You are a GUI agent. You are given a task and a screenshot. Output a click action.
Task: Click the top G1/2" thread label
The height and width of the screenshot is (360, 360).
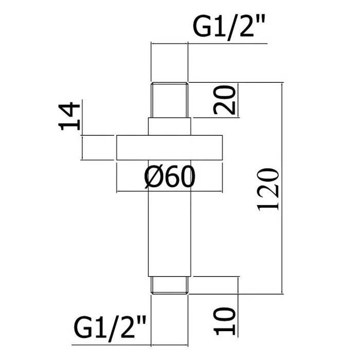pos(229,27)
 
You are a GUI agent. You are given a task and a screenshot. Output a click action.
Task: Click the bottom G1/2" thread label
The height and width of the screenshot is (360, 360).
pos(110,326)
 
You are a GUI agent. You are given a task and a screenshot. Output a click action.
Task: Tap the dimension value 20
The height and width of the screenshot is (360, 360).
pos(224,100)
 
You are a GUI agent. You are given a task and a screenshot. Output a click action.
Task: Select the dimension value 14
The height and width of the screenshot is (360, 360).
pos(69,116)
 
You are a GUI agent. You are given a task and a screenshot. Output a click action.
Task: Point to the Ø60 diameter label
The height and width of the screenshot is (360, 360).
pos(169,177)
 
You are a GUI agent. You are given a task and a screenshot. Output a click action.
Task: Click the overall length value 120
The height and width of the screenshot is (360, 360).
pos(268,189)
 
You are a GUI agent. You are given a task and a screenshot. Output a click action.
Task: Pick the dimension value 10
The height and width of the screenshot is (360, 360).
pos(224,321)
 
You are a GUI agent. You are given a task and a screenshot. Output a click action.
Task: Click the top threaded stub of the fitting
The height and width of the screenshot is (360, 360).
pos(169,100)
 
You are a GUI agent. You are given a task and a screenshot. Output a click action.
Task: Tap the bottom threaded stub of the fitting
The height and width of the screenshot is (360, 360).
pos(169,285)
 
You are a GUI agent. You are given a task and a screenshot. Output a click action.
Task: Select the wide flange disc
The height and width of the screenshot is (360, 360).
pos(169,148)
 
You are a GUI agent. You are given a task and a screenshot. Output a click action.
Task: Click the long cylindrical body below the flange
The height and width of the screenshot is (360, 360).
pos(169,218)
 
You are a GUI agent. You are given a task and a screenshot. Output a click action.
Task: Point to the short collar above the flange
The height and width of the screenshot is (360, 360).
pos(169,127)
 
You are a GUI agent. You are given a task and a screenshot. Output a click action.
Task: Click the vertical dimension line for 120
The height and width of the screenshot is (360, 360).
pos(282,188)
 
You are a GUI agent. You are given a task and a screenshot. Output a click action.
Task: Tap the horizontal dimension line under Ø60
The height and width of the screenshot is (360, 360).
pos(169,191)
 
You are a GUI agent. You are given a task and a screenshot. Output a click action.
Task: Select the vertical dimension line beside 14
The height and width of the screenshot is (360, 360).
pos(82,130)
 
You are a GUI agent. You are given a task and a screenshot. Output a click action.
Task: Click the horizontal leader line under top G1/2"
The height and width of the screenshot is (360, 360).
pos(209,43)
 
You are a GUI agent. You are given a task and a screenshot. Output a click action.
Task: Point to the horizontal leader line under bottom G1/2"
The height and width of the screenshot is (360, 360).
pos(130,345)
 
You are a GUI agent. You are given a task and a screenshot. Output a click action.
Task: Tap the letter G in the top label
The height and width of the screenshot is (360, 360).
pos(202,27)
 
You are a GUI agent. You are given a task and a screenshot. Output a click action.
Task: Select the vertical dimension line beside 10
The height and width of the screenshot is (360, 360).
pos(238,307)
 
